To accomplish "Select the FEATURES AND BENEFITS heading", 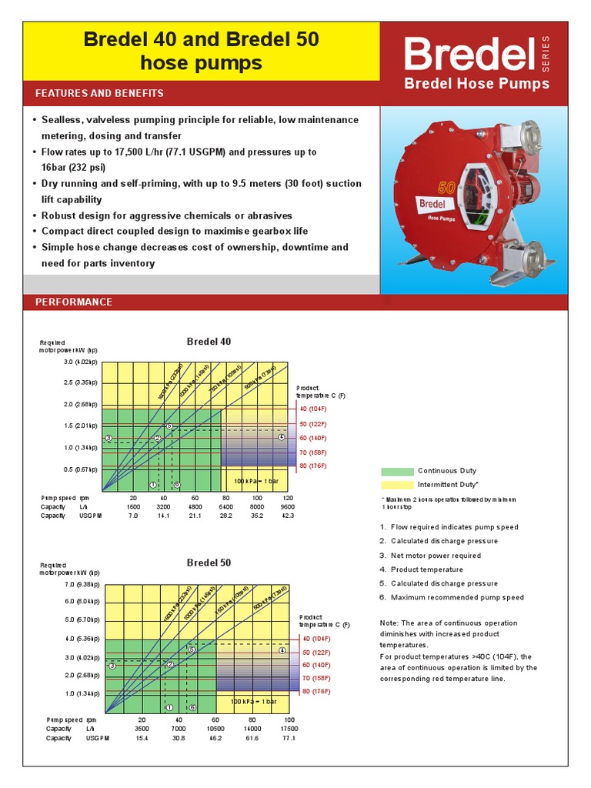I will point(99,93).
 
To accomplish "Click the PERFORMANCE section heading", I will point(74,302).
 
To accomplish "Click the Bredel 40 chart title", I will point(209,341).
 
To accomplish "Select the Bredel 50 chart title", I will point(209,563).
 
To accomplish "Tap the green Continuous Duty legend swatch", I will point(396,471).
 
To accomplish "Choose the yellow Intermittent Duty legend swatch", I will point(396,485).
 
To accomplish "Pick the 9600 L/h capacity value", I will point(287,508).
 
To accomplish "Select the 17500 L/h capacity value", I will point(289,728).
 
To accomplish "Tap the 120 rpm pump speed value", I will point(287,499).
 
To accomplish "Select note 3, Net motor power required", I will point(436,556).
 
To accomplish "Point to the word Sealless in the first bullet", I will point(64,120).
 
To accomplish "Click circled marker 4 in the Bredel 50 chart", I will point(282,651).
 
